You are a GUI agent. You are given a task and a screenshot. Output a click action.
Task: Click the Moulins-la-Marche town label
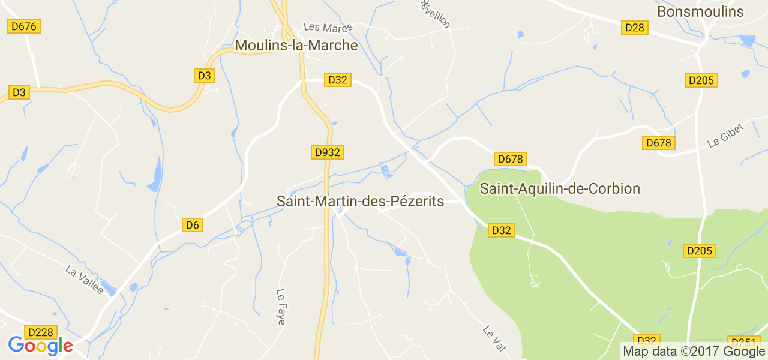coord(296,46)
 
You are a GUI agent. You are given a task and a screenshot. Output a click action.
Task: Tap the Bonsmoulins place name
coord(700,11)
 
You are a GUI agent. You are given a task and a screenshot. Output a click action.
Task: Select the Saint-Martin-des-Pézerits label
coord(360,201)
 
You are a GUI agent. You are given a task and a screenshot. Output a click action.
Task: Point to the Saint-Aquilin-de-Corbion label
coord(560,188)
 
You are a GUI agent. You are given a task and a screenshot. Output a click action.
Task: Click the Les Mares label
coord(328,28)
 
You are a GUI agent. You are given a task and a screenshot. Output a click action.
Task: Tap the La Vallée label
coord(85,280)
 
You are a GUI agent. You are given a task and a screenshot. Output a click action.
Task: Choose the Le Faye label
coord(281,307)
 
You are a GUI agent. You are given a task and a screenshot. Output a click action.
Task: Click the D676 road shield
coord(24,26)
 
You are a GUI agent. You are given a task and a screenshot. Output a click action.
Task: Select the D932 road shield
coord(328,152)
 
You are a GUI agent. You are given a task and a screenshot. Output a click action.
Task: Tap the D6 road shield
coord(192,225)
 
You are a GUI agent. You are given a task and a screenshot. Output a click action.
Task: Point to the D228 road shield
coord(40,332)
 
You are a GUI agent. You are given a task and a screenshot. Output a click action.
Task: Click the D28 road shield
coord(634,28)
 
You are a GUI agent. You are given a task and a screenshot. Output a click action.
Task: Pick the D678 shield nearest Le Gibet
coord(659,143)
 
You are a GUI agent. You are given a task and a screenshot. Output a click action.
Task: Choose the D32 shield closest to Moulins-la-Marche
coord(338,80)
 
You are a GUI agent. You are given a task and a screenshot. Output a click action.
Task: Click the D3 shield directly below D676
coord(19,92)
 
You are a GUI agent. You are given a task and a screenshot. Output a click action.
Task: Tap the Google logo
coord(40,346)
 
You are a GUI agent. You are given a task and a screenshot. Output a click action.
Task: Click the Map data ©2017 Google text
coord(694,352)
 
